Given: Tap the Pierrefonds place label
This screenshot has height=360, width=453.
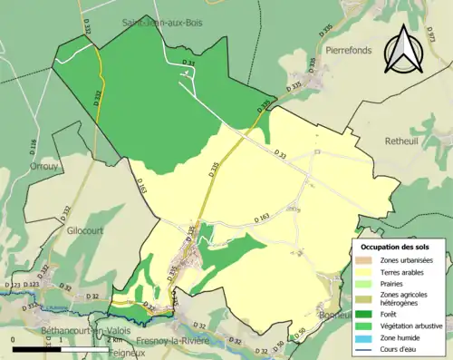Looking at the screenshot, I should pyautogui.click(x=349, y=51).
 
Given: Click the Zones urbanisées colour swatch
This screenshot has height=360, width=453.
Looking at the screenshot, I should pyautogui.click(x=369, y=259).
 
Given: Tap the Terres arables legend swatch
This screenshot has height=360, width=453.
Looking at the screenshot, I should pyautogui.click(x=369, y=271).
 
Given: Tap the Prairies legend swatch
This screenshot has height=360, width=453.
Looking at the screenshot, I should pyautogui.click(x=369, y=283).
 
